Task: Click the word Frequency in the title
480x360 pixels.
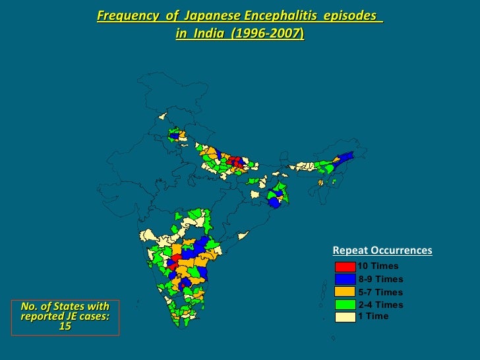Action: coord(121,15)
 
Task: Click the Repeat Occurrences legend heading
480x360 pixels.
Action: coord(382,251)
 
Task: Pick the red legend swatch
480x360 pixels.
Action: coord(345,267)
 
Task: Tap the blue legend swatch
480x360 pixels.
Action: coord(345,280)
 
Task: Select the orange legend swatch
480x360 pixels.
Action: coord(345,292)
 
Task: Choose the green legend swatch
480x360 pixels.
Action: coord(345,305)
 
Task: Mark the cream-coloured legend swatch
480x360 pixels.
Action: coord(345,316)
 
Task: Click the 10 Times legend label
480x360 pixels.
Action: coord(378,266)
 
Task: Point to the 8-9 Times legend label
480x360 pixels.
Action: coord(380,280)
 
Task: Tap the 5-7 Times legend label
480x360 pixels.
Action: coord(380,292)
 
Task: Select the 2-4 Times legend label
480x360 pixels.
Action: coord(380,305)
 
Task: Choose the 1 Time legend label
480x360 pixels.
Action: coord(373,316)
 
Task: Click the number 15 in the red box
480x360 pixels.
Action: coord(65,326)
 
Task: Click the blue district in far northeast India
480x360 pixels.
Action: coord(344,160)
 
